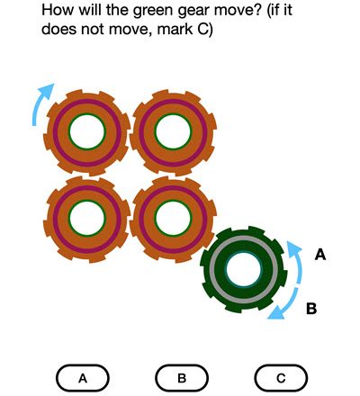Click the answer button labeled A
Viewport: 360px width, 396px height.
point(83,378)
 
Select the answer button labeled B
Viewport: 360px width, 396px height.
point(182,378)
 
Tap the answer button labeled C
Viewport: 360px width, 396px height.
point(281,378)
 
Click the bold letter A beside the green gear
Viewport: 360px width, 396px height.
point(320,255)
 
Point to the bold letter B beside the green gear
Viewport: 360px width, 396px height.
point(311,309)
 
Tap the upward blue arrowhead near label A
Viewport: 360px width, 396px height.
point(293,247)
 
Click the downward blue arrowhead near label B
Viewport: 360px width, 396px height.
point(275,313)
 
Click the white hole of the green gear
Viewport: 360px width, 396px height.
point(244,269)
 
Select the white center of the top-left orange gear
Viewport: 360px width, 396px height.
point(87,131)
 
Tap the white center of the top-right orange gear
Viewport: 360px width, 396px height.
point(173,131)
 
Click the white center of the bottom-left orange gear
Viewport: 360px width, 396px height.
point(87,219)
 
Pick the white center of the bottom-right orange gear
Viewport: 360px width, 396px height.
point(173,219)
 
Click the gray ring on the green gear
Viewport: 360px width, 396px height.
point(244,238)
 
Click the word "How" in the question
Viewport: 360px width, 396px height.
point(57,10)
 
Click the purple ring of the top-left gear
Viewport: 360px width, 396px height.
point(87,101)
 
